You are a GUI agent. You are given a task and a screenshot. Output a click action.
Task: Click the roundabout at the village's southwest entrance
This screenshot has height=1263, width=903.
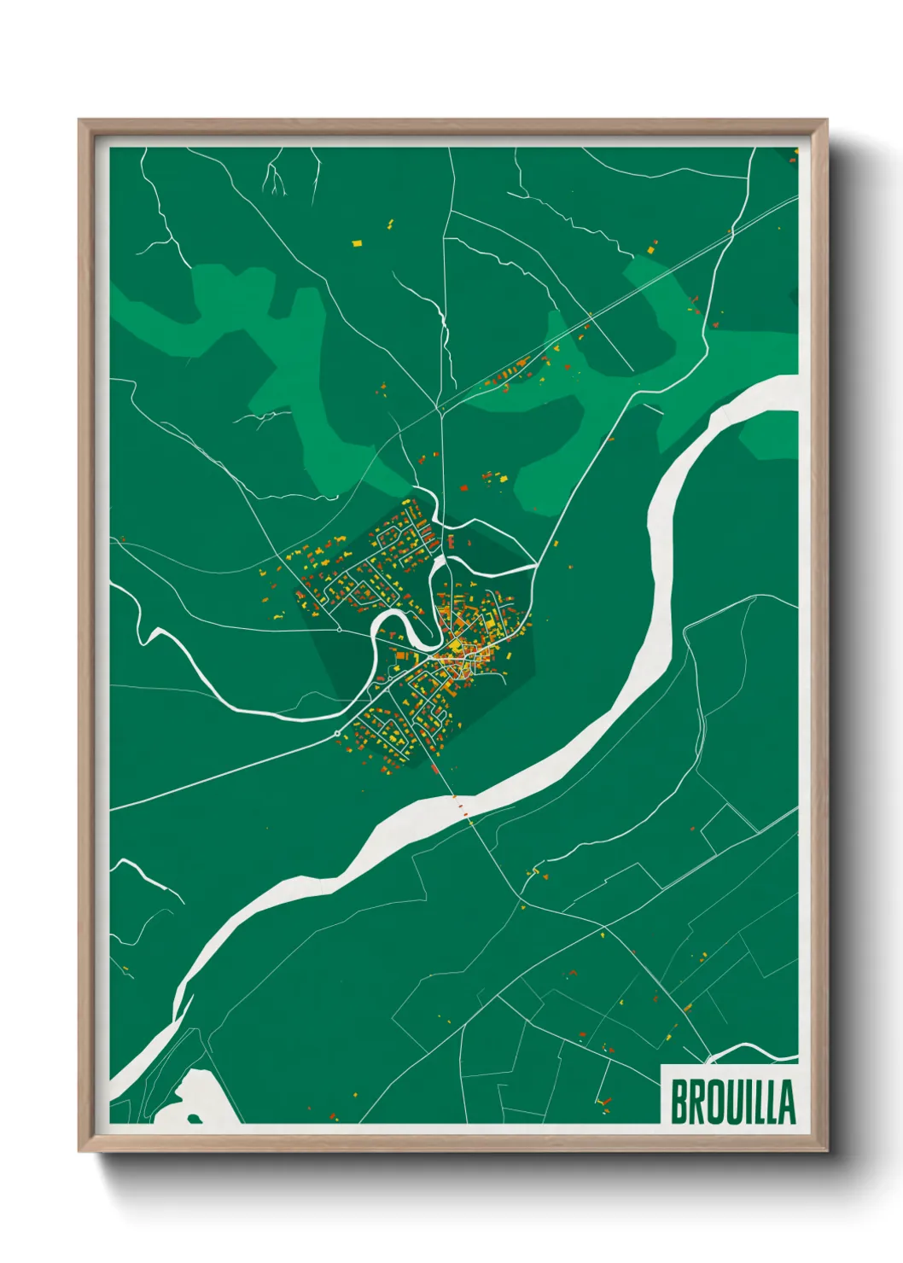338,733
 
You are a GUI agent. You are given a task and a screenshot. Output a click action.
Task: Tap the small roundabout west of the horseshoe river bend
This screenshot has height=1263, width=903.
340,630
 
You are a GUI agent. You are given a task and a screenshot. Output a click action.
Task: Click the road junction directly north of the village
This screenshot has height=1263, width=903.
441,410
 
